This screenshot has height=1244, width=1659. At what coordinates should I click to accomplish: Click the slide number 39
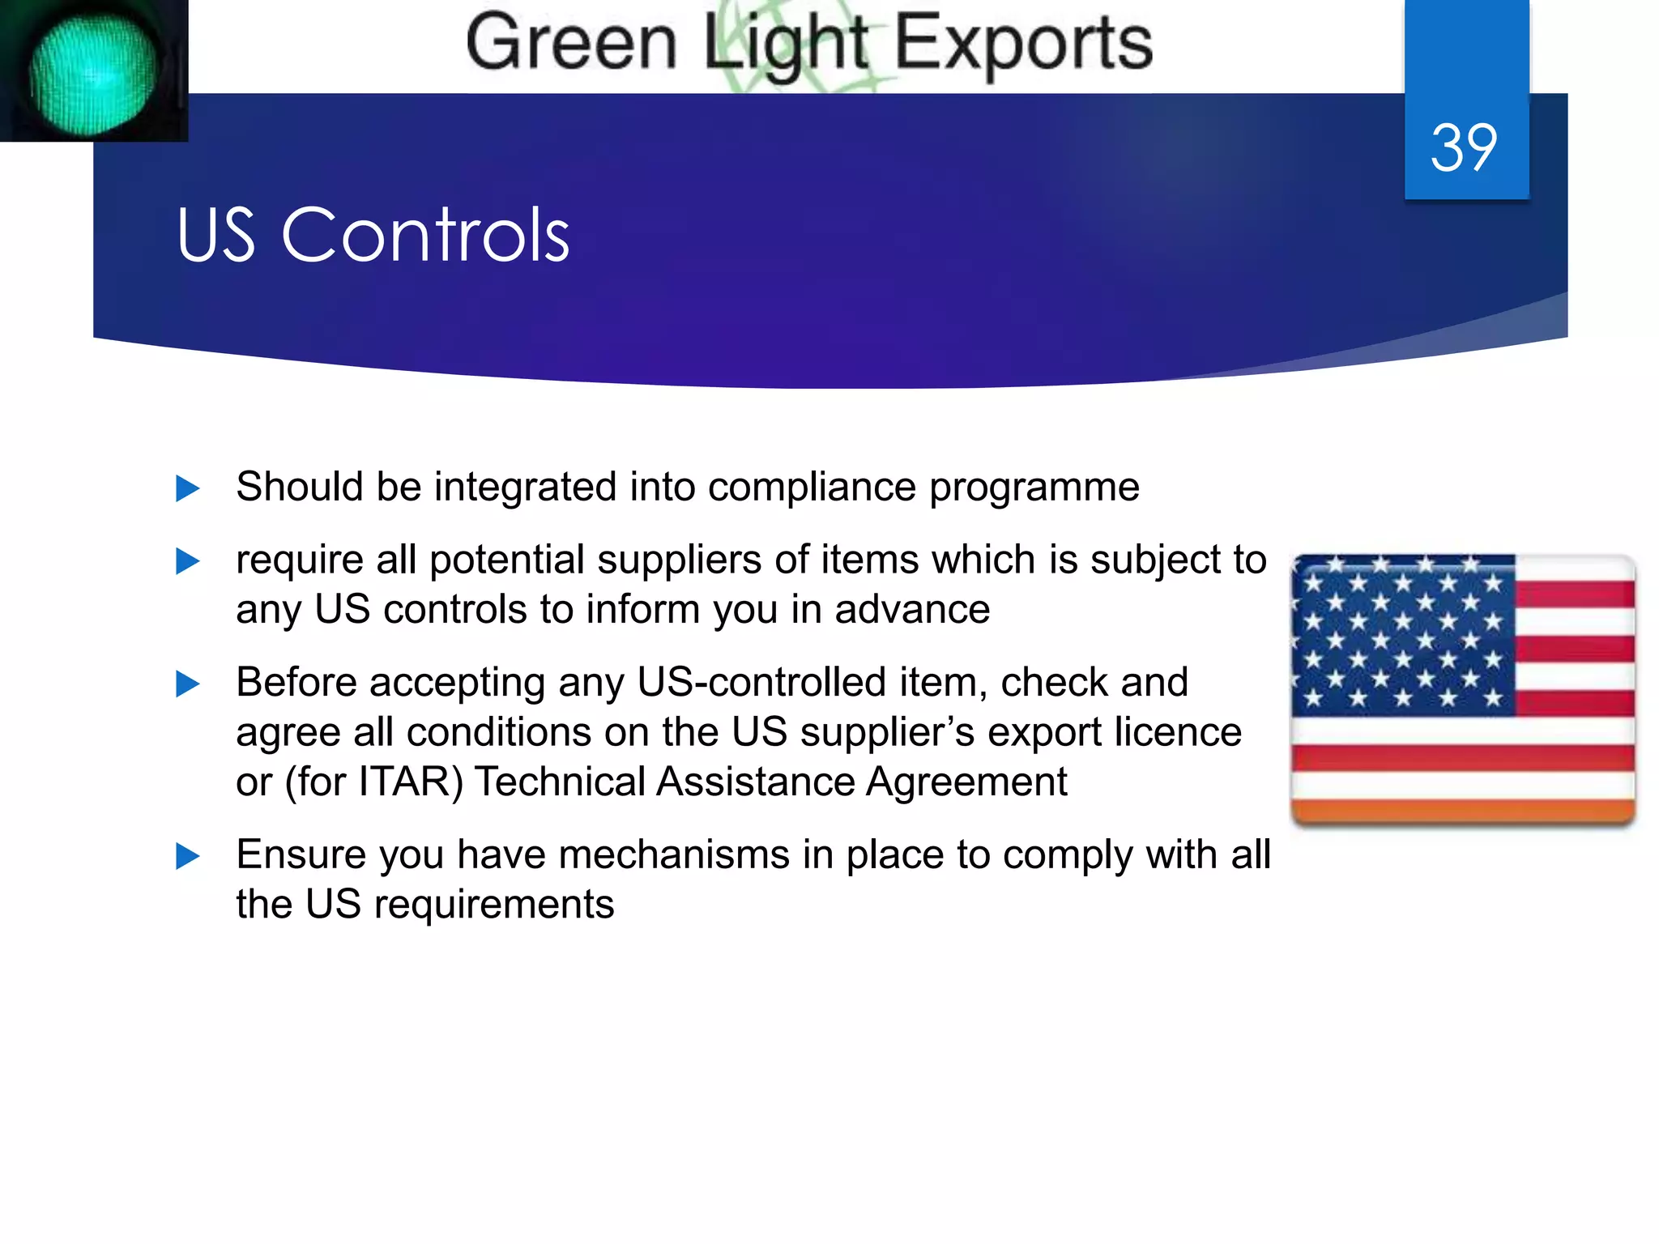click(1464, 148)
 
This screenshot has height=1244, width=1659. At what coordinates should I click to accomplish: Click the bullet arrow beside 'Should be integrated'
click(187, 488)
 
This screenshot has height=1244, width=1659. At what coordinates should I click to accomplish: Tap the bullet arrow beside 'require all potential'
click(187, 561)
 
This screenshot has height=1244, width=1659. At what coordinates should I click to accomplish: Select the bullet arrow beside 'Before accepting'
click(187, 684)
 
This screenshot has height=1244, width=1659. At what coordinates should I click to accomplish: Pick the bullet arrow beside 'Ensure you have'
click(187, 856)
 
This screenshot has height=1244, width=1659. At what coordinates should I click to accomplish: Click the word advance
click(912, 610)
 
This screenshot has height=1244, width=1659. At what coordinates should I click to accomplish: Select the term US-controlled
click(761, 683)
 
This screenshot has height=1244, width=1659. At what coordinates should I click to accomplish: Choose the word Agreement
click(966, 782)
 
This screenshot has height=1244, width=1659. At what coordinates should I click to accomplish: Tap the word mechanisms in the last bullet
click(674, 855)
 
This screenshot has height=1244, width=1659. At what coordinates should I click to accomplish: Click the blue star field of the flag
click(1403, 635)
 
